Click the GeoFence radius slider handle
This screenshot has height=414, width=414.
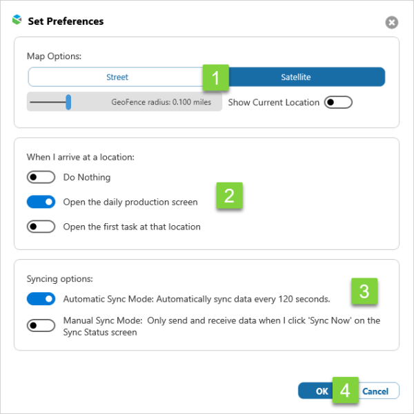[68, 102]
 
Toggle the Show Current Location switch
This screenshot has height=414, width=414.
[338, 102]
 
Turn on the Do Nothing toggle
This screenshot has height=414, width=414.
[41, 177]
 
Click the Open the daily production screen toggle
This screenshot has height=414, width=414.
[41, 202]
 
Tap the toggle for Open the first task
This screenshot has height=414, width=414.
[41, 227]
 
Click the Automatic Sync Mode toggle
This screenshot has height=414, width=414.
[41, 299]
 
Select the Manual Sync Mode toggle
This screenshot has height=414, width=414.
[41, 325]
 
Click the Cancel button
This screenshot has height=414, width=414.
[379, 391]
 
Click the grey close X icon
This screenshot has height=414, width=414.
[391, 22]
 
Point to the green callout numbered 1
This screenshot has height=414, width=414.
[216, 78]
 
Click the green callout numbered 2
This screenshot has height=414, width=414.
[229, 196]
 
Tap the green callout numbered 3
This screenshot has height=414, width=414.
[364, 291]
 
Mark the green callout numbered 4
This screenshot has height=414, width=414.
[346, 390]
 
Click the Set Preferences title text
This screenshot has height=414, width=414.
[66, 21]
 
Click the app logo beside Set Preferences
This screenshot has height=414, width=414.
[17, 20]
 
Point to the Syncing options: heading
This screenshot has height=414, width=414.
[60, 279]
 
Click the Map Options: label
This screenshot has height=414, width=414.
[54, 56]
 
